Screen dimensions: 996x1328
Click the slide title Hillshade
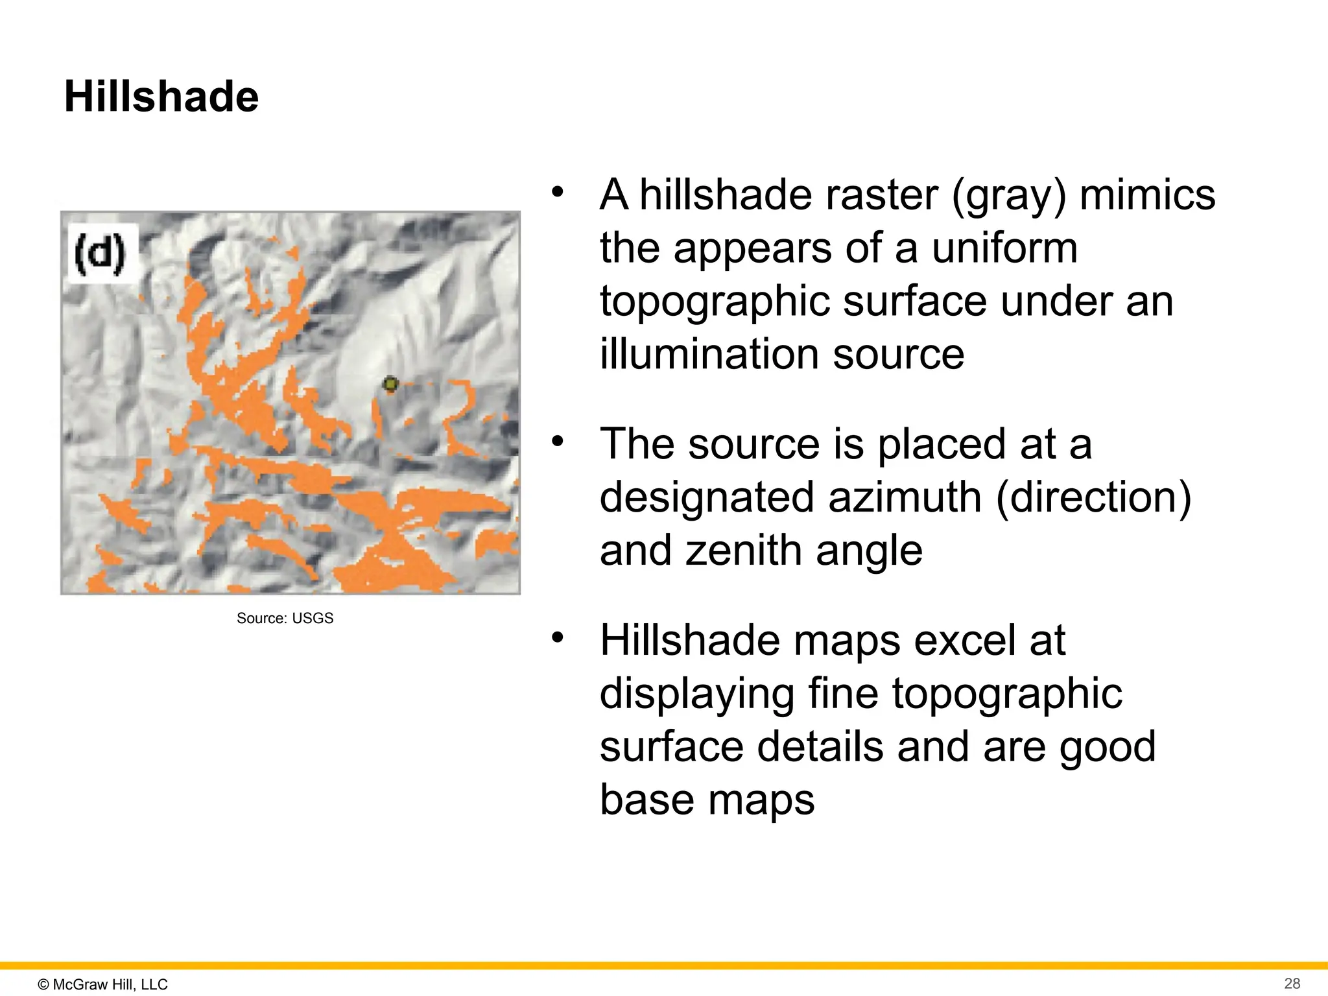click(x=161, y=97)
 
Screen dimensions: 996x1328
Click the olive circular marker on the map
click(x=390, y=385)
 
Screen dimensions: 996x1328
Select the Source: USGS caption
click(x=285, y=618)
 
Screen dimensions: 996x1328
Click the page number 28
click(x=1292, y=983)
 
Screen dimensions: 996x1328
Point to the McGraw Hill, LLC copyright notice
click(x=103, y=984)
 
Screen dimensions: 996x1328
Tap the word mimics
click(x=1147, y=195)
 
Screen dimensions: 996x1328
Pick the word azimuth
click(x=905, y=497)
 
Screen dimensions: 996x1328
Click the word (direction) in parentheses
click(x=1093, y=498)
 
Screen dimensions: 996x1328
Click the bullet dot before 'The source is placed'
click(x=557, y=442)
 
